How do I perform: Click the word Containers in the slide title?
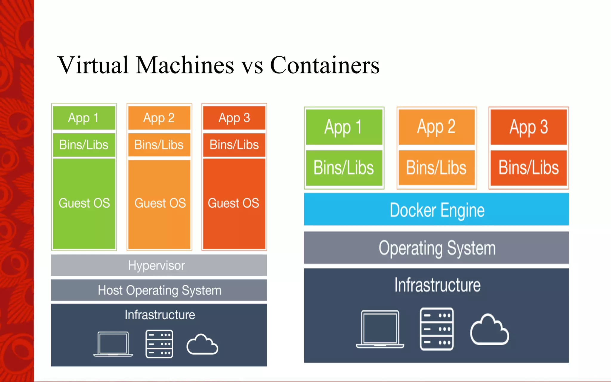point(325,65)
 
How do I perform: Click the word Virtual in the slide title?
point(93,65)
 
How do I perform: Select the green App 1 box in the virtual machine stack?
point(84,118)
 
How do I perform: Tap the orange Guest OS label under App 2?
point(160,203)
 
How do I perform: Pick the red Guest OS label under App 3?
point(234,203)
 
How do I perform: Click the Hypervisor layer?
point(159,265)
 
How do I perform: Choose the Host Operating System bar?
point(159,290)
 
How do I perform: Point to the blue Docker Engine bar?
point(436,210)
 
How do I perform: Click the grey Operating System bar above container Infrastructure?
point(436,248)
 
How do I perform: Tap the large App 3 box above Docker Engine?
point(528,127)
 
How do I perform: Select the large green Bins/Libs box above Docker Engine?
point(344,168)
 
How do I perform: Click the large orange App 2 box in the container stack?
point(436,127)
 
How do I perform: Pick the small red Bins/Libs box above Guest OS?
point(234,145)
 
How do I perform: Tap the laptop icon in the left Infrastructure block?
point(113,344)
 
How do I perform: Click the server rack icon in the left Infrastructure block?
point(159,344)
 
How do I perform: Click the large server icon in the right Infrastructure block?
point(436,329)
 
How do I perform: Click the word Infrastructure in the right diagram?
point(437,285)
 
